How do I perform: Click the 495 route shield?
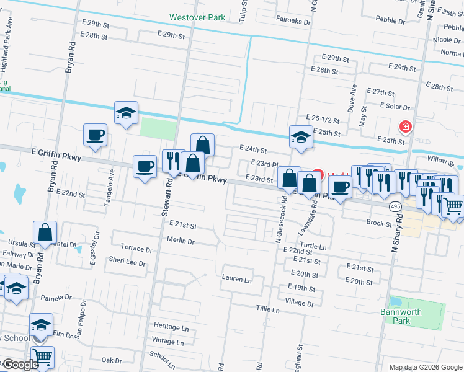(395, 205)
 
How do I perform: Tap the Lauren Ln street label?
(236, 279)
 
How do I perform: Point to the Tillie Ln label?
(268, 308)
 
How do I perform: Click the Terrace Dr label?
(136, 249)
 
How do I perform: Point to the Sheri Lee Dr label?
(127, 262)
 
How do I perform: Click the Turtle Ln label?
(313, 246)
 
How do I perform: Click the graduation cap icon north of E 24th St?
(300, 136)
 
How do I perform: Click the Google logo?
(20, 365)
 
